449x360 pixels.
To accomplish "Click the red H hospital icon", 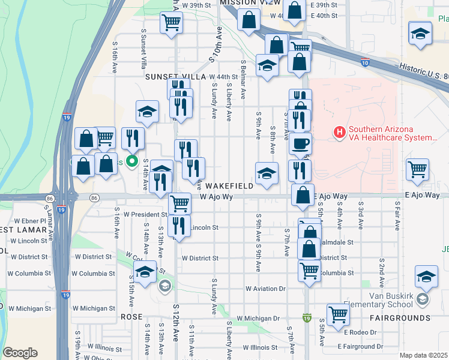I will coord(340,131).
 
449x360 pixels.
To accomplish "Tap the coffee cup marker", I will coord(301,143).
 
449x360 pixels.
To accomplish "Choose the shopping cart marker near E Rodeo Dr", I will coord(338,313).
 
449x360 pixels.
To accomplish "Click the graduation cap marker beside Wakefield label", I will coord(267,173).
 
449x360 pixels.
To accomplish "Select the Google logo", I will coord(20,353).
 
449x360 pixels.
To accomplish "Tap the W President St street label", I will coord(145,214).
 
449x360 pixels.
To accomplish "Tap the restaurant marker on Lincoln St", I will coord(179,225).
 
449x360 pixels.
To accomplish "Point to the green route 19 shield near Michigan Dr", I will coord(307,317).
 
